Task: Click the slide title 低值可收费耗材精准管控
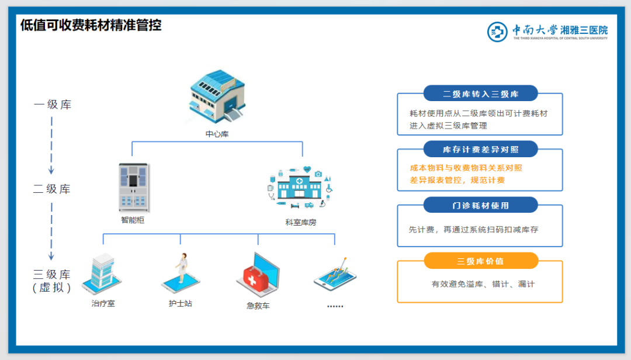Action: (91, 25)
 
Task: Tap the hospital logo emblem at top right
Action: (498, 31)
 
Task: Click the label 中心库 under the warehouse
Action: (217, 134)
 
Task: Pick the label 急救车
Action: (258, 305)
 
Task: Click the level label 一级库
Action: (53, 105)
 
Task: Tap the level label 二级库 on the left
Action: (52, 189)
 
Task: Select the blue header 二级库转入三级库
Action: (480, 94)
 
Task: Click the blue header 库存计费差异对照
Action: (480, 149)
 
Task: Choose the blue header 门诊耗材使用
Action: (480, 205)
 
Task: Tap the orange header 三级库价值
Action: (480, 261)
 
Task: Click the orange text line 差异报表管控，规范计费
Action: (457, 180)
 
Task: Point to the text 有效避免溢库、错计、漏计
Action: (483, 284)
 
